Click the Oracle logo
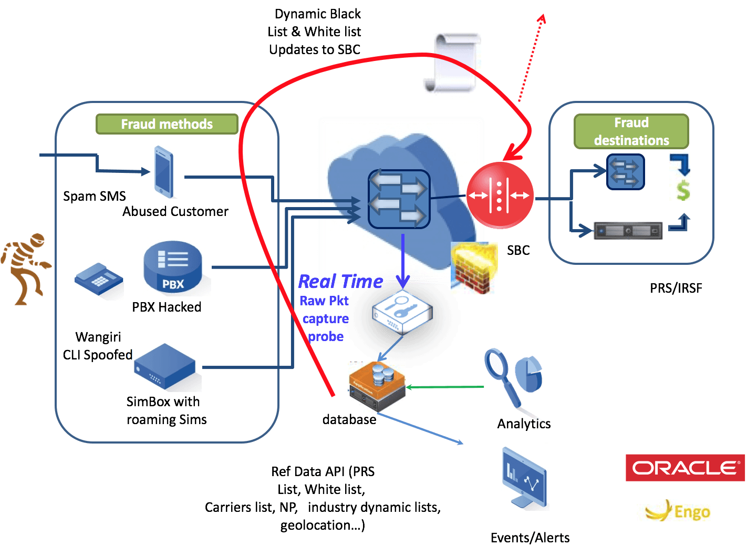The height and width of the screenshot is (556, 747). [x=686, y=467]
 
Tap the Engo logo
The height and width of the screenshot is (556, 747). [x=672, y=510]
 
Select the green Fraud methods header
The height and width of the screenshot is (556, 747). [x=167, y=124]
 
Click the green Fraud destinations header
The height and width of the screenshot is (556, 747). [x=631, y=131]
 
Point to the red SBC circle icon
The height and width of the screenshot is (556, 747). [x=500, y=195]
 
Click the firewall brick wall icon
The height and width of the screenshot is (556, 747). [x=474, y=268]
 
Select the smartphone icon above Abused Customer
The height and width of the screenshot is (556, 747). [x=164, y=171]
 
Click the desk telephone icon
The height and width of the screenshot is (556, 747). [x=99, y=280]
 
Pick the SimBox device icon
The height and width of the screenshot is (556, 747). [x=164, y=366]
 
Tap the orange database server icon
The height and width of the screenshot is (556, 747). [x=377, y=387]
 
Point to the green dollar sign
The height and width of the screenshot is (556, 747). [x=682, y=190]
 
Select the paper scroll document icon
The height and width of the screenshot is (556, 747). [x=452, y=65]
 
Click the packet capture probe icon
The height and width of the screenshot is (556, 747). [x=402, y=314]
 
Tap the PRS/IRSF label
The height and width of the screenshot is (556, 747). [x=676, y=288]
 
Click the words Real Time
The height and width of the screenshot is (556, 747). [x=340, y=281]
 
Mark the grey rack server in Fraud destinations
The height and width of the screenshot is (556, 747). [x=628, y=230]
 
